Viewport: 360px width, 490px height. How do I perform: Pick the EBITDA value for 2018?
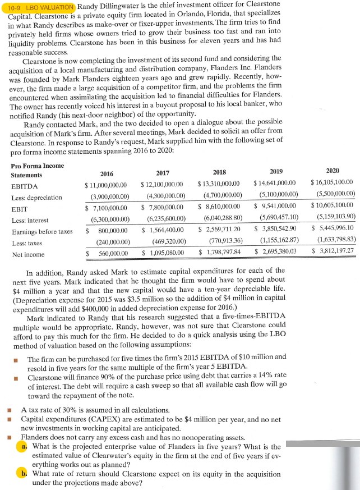[219, 184]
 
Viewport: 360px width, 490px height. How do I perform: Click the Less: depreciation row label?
[36, 198]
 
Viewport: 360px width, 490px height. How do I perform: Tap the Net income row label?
[28, 254]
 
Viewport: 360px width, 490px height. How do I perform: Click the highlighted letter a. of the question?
[24, 446]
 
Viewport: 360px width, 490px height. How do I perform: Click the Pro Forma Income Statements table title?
[37, 170]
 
